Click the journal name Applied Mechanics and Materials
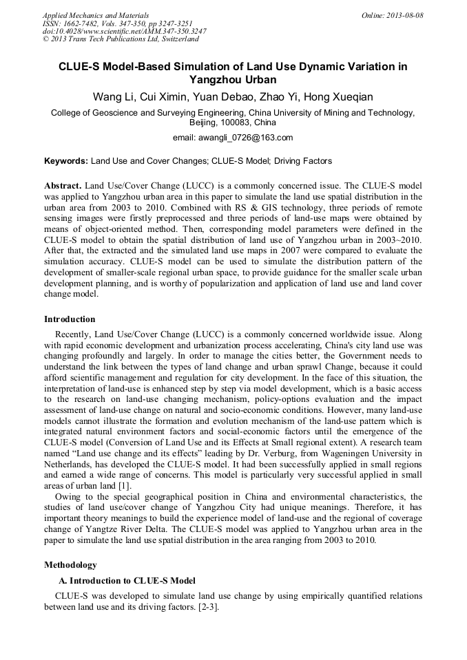(x=96, y=14)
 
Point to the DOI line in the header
(x=125, y=31)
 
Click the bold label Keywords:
(x=66, y=161)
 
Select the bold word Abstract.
(x=64, y=186)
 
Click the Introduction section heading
(x=70, y=319)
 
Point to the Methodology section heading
(x=70, y=565)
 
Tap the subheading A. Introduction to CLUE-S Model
(x=127, y=581)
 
